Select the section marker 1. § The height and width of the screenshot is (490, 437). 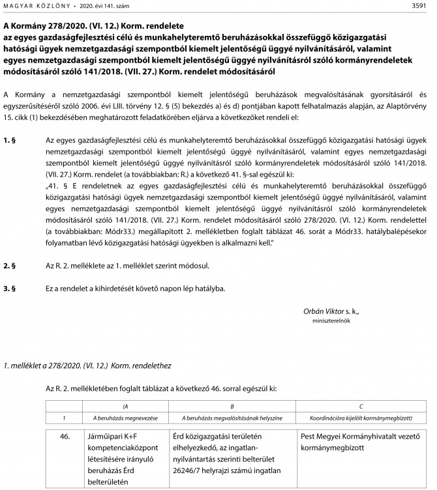point(10,140)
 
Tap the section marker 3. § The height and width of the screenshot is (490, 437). point(10,287)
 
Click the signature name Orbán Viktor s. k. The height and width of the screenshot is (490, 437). point(331,311)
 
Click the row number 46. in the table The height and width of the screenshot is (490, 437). point(64,437)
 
